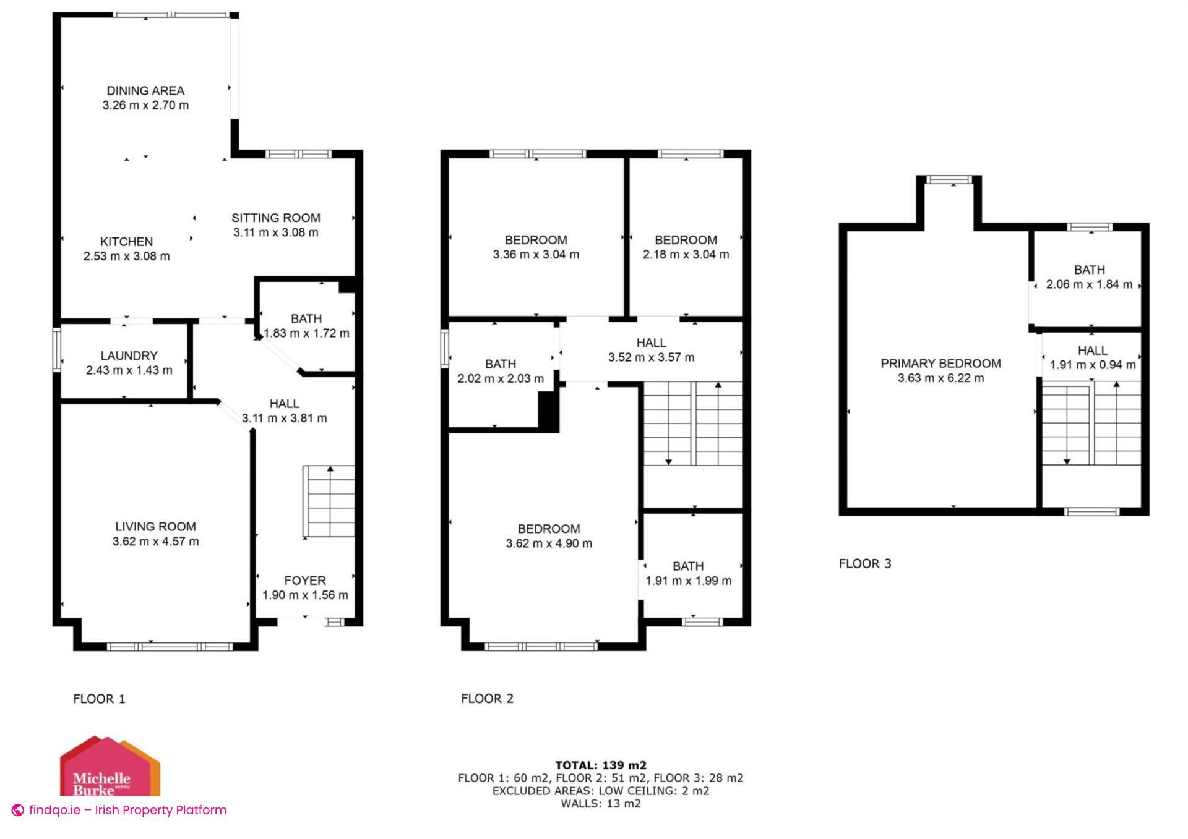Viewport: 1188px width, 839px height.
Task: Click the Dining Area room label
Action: point(145,91)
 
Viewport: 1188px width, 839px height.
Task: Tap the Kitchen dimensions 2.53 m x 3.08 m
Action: point(126,256)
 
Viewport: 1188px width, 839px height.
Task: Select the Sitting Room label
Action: point(276,218)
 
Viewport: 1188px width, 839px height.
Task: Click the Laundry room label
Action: point(129,356)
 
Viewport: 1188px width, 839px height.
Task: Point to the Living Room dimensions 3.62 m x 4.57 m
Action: point(155,542)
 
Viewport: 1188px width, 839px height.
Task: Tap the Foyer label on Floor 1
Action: point(304,581)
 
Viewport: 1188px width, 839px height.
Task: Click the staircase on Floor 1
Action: point(329,501)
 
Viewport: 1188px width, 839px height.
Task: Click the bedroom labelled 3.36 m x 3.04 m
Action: point(536,247)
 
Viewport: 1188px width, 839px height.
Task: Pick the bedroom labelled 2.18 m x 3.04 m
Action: point(686,247)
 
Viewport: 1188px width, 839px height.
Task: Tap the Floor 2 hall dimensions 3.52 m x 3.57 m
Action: point(651,357)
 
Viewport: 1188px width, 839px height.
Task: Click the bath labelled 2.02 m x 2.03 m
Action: point(500,372)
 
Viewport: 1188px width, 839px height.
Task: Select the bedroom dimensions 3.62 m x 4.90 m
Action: point(549,543)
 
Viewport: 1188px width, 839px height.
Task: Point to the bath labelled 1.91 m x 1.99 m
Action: point(688,574)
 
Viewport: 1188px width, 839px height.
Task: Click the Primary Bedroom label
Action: point(940,364)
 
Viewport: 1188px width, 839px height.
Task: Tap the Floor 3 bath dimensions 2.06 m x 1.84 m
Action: point(1089,285)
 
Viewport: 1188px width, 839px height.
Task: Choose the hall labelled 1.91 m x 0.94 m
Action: point(1092,358)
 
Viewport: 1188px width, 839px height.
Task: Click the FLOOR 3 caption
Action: point(864,563)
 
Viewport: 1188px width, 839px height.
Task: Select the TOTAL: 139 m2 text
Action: point(600,765)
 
